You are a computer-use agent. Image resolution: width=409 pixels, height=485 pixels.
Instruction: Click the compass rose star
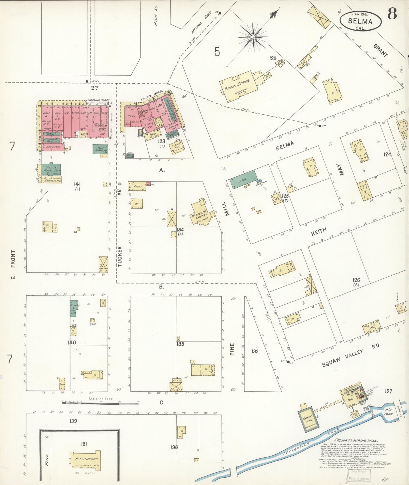(x=253, y=37)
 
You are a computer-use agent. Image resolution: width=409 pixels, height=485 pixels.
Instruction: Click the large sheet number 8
(x=392, y=14)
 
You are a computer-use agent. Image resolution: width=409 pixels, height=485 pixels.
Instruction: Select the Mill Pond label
(x=389, y=412)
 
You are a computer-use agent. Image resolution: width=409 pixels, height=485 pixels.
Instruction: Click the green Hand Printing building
(x=100, y=149)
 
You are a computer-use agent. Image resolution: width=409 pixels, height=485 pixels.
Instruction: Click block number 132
(x=255, y=351)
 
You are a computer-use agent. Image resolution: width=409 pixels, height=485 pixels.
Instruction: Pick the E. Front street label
(x=13, y=264)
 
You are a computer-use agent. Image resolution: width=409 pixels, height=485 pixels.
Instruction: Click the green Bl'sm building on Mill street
(x=243, y=179)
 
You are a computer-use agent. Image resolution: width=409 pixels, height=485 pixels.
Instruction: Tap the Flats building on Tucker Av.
(x=139, y=186)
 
